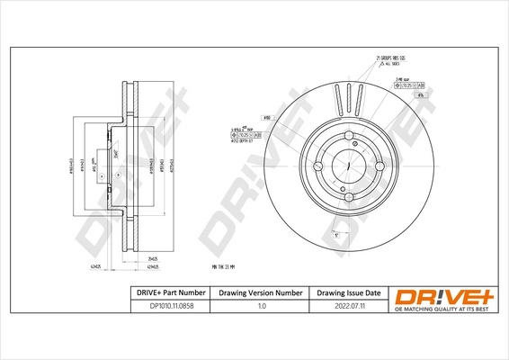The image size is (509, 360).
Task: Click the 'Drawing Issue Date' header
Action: point(348,292)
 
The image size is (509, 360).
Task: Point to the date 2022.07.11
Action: point(348,306)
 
